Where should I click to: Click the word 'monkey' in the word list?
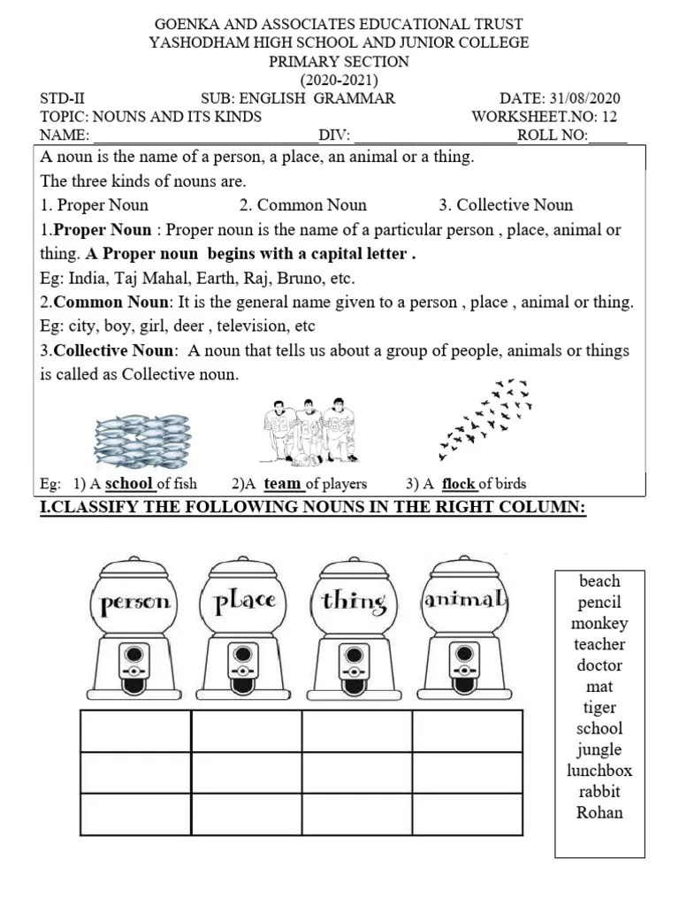coord(599,623)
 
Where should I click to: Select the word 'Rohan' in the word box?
coord(599,812)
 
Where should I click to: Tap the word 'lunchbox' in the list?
coord(599,770)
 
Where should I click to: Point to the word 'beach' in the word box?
coord(599,581)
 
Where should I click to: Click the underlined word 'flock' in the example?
coord(459,484)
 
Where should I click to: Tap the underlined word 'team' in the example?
coord(283,484)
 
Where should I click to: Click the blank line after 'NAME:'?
coord(204,136)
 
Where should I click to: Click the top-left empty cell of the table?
coord(135,731)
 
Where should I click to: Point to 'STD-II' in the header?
coord(63,99)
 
